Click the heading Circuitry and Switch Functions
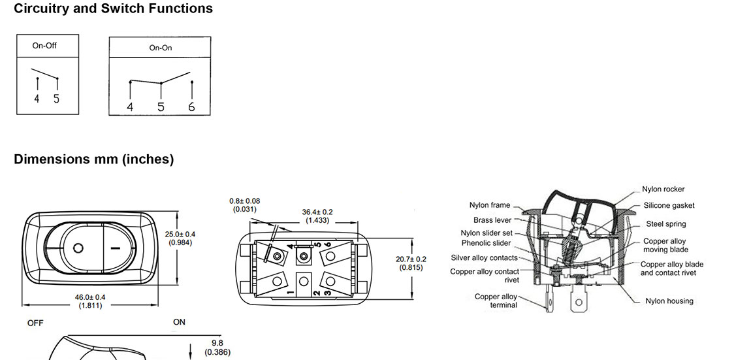113,9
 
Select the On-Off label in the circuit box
44,46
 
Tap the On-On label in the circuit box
161,48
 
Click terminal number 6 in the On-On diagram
191,106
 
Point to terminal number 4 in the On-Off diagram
37,99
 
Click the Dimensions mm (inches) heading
93,159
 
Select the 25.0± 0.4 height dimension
180,234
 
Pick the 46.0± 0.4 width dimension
90,297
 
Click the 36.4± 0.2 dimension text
317,212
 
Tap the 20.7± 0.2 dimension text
411,259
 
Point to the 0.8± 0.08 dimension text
245,201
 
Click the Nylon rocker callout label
663,189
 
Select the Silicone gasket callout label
669,206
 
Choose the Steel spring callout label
665,224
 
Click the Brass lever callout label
492,221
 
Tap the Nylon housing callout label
669,301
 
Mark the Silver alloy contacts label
484,258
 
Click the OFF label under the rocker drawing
35,323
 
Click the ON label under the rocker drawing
179,322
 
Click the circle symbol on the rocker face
79,248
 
